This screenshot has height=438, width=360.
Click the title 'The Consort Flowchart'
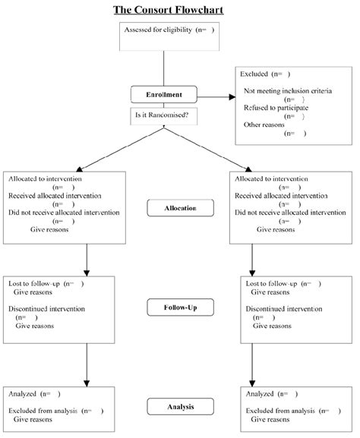[x=169, y=10]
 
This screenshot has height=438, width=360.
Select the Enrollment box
[x=164, y=95]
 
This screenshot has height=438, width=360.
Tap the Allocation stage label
[x=180, y=208]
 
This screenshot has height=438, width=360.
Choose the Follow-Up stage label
[x=180, y=307]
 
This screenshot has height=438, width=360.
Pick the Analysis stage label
[x=180, y=407]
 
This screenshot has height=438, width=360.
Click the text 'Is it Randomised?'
[x=162, y=115]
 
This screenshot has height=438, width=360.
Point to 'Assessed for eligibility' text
[x=158, y=30]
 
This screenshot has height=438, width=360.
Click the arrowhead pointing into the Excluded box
[x=232, y=97]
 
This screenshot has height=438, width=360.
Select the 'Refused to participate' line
[x=276, y=108]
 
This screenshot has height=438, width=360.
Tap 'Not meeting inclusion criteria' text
[x=288, y=91]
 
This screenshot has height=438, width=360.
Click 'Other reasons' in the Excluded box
[x=264, y=124]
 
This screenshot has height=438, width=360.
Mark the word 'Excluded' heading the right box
[x=254, y=74]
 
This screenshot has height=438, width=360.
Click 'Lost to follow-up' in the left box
[x=34, y=284]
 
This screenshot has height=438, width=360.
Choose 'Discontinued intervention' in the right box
[x=284, y=309]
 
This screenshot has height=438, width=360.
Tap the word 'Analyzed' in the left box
[x=22, y=394]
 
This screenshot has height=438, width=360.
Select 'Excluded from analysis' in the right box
[x=280, y=411]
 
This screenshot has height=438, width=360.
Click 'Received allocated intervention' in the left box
[x=55, y=196]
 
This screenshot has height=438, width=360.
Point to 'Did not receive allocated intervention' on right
[x=290, y=213]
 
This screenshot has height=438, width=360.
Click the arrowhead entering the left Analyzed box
[x=87, y=383]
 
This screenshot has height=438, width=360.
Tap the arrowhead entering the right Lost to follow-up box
[x=252, y=273]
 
